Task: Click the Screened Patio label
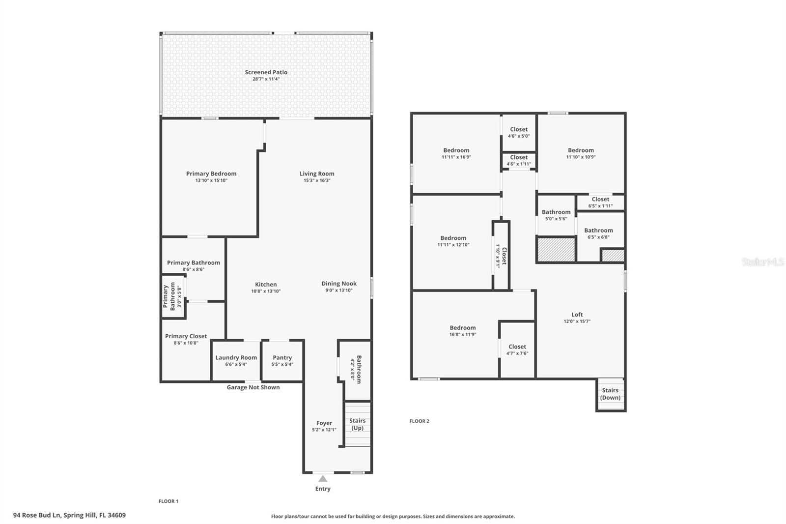tap(266, 72)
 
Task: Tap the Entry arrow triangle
tap(323, 479)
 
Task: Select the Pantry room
tap(282, 361)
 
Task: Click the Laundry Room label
tap(236, 357)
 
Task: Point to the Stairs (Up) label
tap(357, 424)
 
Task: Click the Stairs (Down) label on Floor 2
tap(610, 394)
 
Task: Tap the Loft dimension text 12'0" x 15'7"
tap(577, 321)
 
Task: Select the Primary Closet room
tap(186, 339)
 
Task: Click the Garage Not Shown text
tap(253, 387)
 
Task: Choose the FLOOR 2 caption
tap(419, 421)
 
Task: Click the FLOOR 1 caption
tap(168, 501)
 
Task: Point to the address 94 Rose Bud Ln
tap(69, 515)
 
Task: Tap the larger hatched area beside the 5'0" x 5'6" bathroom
tap(556, 250)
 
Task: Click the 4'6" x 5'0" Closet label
tap(519, 133)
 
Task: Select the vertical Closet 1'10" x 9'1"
tap(501, 256)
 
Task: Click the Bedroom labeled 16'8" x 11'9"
tap(462, 331)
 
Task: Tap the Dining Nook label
tap(339, 284)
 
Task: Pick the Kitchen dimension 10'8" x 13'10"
tap(266, 291)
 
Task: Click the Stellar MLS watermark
tap(762, 262)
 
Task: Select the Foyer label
tap(324, 423)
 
